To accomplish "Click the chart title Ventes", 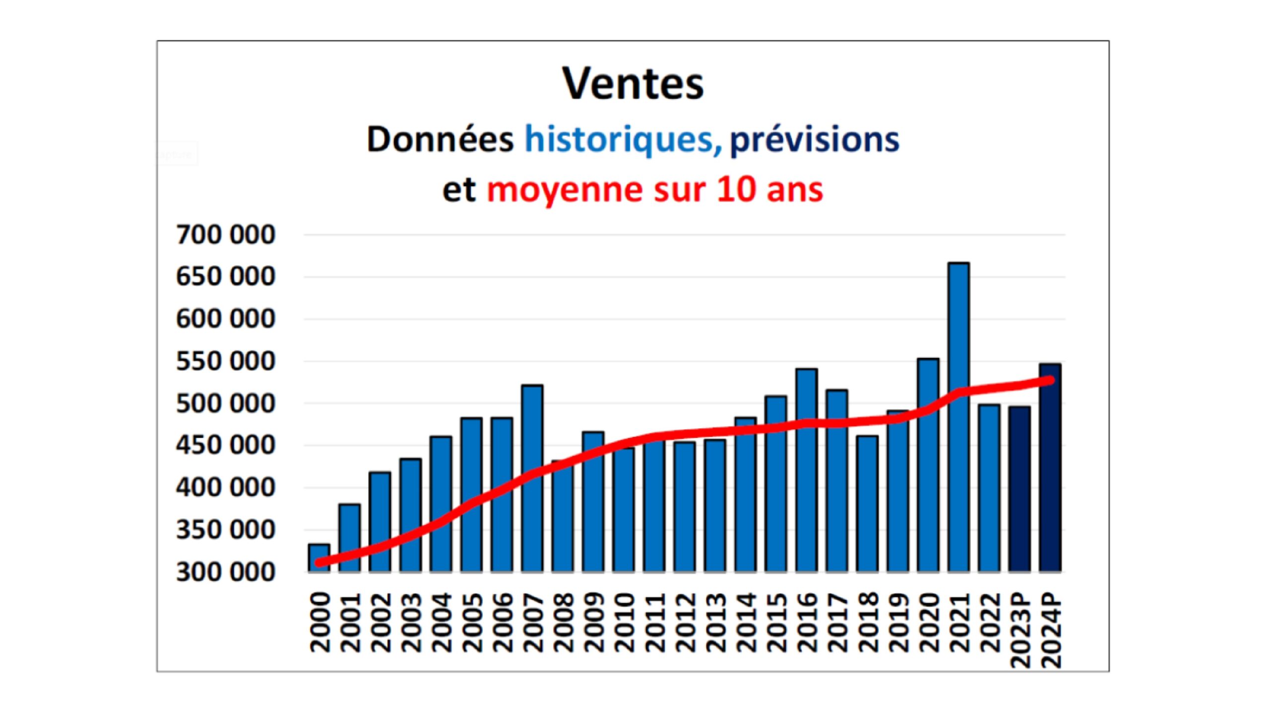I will click(x=633, y=83).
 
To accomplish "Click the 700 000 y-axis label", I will click(x=225, y=235).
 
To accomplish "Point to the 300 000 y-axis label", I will click(x=225, y=572).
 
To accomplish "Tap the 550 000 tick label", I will click(x=225, y=361).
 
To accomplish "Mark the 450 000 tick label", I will click(x=225, y=445).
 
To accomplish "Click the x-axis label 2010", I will click(x=624, y=623).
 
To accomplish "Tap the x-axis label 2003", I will click(x=411, y=623).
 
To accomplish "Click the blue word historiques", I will click(x=623, y=140).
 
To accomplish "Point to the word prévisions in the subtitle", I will click(x=814, y=140).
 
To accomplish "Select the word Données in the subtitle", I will click(x=440, y=140).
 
